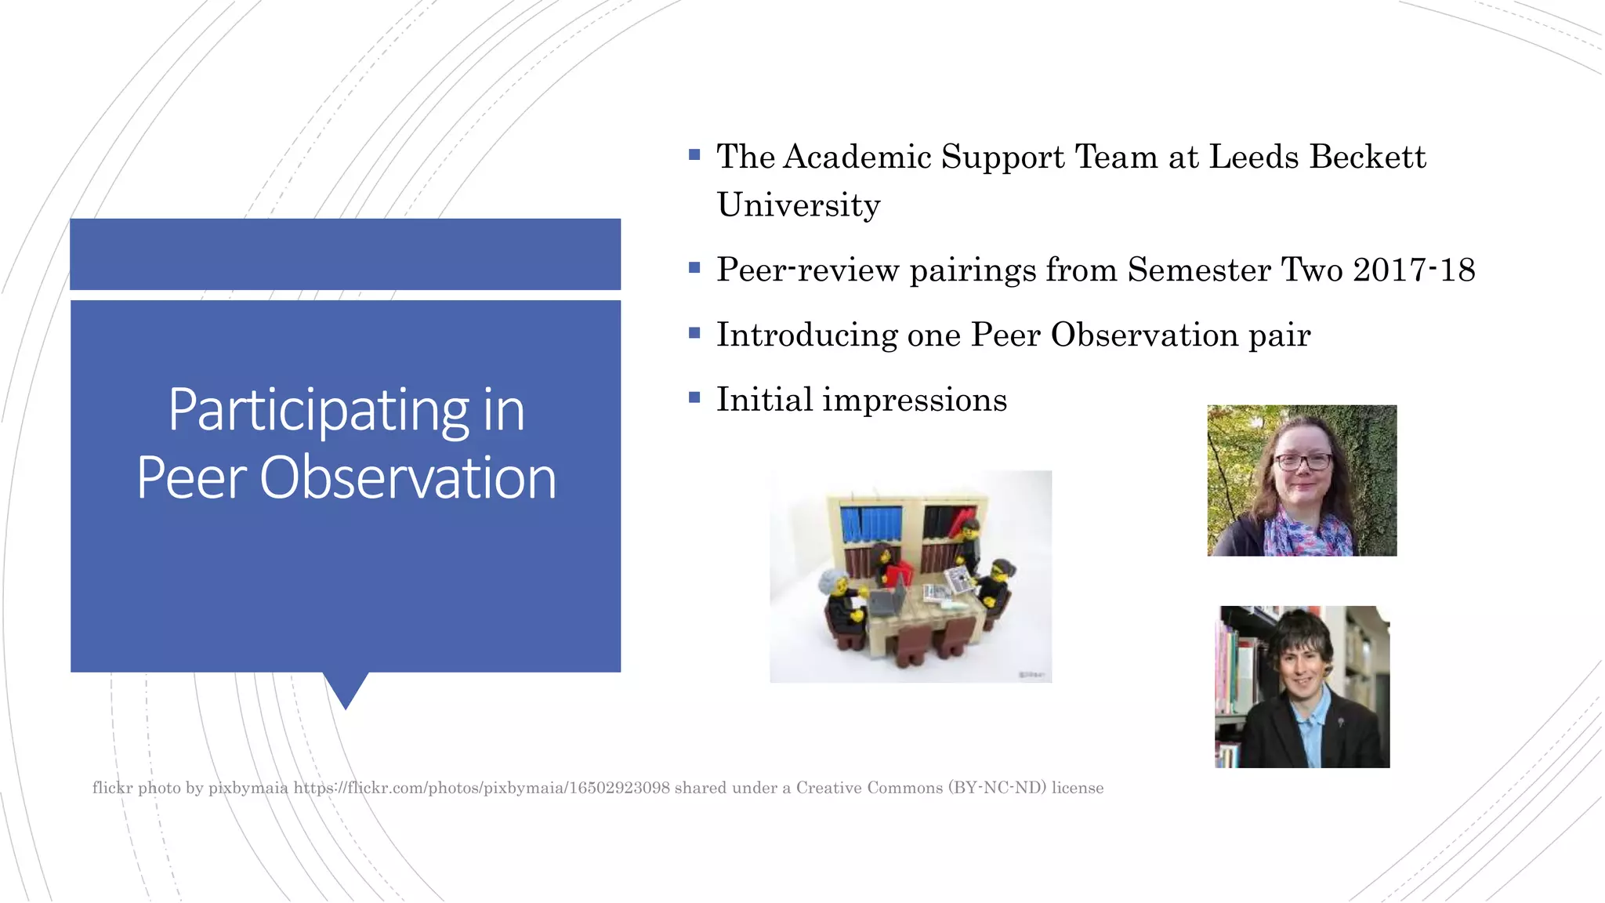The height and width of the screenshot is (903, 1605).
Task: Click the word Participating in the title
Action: tap(317, 410)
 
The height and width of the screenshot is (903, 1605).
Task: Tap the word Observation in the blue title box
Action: tap(408, 478)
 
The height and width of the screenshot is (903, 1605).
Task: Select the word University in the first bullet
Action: tap(798, 205)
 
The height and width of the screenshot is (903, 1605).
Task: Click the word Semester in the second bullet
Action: tap(1198, 270)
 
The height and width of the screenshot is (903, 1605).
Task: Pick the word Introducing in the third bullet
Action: tap(806, 335)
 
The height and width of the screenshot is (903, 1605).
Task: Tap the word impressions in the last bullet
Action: tap(914, 401)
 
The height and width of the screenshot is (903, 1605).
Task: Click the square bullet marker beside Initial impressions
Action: tap(694, 397)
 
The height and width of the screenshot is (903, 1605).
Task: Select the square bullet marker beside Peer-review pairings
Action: tap(694, 268)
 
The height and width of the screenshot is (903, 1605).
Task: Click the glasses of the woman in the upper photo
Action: tap(1302, 461)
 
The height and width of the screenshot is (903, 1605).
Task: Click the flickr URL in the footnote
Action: tap(481, 788)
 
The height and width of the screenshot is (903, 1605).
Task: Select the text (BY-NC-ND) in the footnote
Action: tap(997, 788)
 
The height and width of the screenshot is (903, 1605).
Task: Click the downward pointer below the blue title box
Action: tap(346, 690)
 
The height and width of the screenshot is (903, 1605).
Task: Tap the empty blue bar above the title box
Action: tap(345, 254)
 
